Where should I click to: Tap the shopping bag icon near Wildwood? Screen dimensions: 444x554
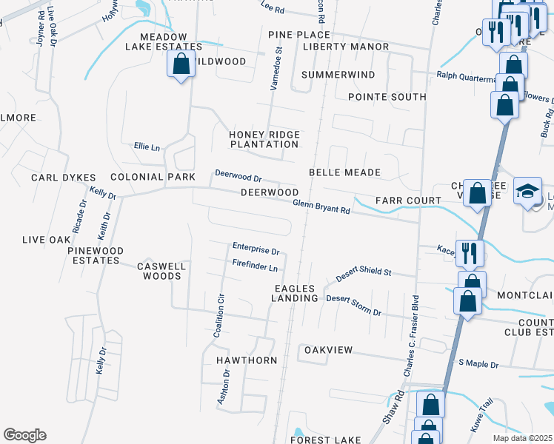tap(181, 64)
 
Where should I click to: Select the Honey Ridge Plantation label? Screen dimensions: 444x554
tap(264, 139)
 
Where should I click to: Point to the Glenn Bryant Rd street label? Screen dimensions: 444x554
tap(321, 206)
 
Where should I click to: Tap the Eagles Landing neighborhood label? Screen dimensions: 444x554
tap(296, 293)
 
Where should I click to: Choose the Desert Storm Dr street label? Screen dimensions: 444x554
tap(354, 306)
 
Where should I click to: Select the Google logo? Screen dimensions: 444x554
tap(24, 435)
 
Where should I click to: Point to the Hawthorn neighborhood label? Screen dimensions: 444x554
tap(247, 360)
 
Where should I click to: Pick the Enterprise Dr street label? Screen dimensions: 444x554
tap(256, 250)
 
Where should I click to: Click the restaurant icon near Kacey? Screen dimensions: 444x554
tap(470, 253)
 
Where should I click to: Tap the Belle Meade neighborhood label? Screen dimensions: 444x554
tap(344, 172)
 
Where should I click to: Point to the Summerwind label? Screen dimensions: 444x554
tap(338, 75)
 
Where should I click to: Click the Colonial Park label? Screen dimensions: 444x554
tap(153, 178)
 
